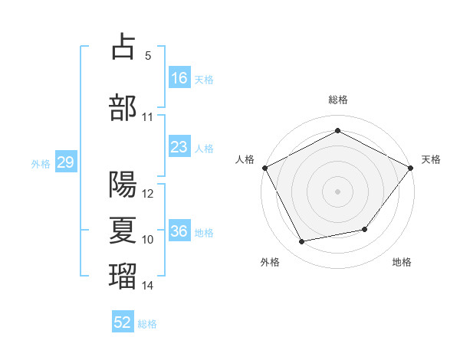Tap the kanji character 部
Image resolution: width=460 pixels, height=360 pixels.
[123, 106]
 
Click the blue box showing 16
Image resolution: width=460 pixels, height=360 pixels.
[179, 78]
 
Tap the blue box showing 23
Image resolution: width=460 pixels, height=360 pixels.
[179, 147]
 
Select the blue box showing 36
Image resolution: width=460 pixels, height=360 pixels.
[179, 232]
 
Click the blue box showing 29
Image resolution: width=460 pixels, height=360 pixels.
[65, 162]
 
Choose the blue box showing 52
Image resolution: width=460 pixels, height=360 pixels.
[123, 322]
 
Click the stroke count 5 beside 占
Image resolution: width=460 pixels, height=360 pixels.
[148, 56]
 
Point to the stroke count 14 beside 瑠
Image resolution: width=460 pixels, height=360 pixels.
[148, 286]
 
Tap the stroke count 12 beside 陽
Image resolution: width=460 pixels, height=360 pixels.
[148, 194]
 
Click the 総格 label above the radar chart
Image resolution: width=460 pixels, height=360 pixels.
[337, 100]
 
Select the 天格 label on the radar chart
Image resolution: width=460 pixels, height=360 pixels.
[431, 159]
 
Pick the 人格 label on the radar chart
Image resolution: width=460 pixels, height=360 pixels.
[245, 159]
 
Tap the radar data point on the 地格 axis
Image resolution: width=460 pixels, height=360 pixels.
[365, 229]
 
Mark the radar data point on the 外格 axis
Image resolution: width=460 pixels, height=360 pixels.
[302, 241]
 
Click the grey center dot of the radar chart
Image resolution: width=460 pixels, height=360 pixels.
[337, 191]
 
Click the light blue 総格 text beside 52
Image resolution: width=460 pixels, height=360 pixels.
[147, 324]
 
